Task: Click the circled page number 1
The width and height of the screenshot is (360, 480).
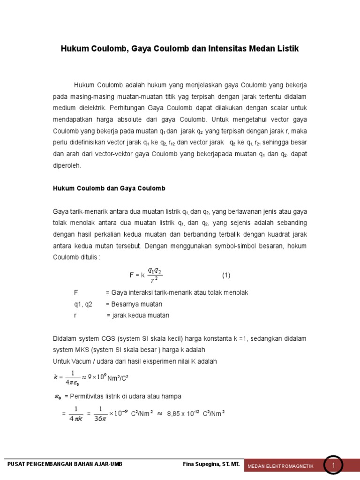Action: pos(334,465)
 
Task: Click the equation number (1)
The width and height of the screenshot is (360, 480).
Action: pos(226,275)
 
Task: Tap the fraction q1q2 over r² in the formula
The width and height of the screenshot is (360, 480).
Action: pos(154,276)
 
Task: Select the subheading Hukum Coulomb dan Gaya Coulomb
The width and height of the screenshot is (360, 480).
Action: pos(108,188)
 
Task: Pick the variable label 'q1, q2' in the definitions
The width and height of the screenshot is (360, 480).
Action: pos(83,304)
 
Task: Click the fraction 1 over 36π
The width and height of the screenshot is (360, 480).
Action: pos(100,414)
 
